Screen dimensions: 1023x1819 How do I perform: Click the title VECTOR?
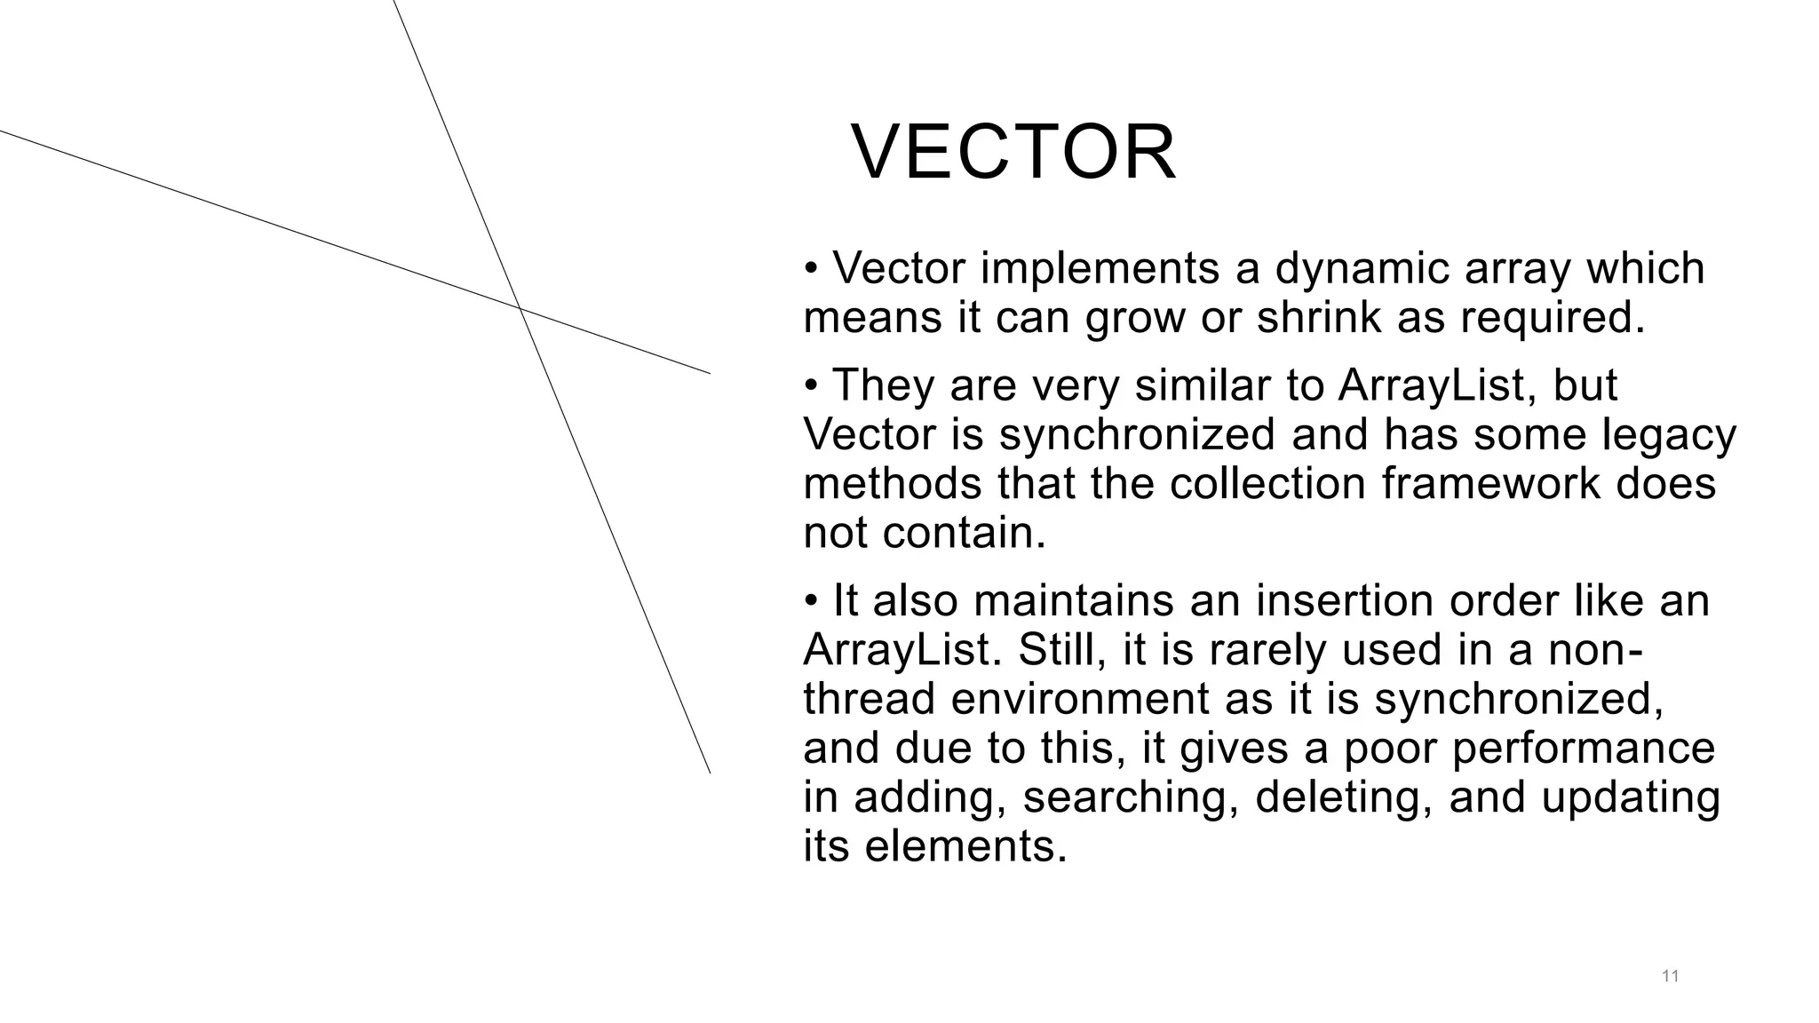pos(1013,153)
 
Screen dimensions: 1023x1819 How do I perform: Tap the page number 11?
pos(1670,977)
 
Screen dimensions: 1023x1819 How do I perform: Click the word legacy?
pos(1669,435)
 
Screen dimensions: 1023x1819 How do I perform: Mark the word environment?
pos(1080,699)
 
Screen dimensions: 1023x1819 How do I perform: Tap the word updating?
pos(1630,797)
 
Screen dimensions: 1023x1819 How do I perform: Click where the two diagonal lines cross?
pos(520,309)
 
